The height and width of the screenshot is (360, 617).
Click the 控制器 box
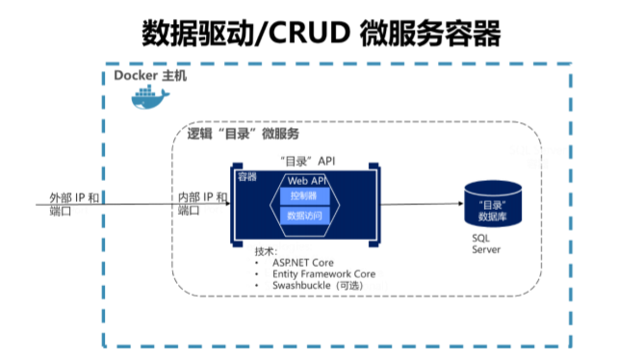pyautogui.click(x=305, y=196)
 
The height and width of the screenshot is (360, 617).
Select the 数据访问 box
pyautogui.click(x=305, y=217)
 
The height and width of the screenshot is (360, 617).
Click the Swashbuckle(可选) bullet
pyautogui.click(x=322, y=286)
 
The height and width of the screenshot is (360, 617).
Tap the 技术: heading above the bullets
pyautogui.click(x=266, y=249)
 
